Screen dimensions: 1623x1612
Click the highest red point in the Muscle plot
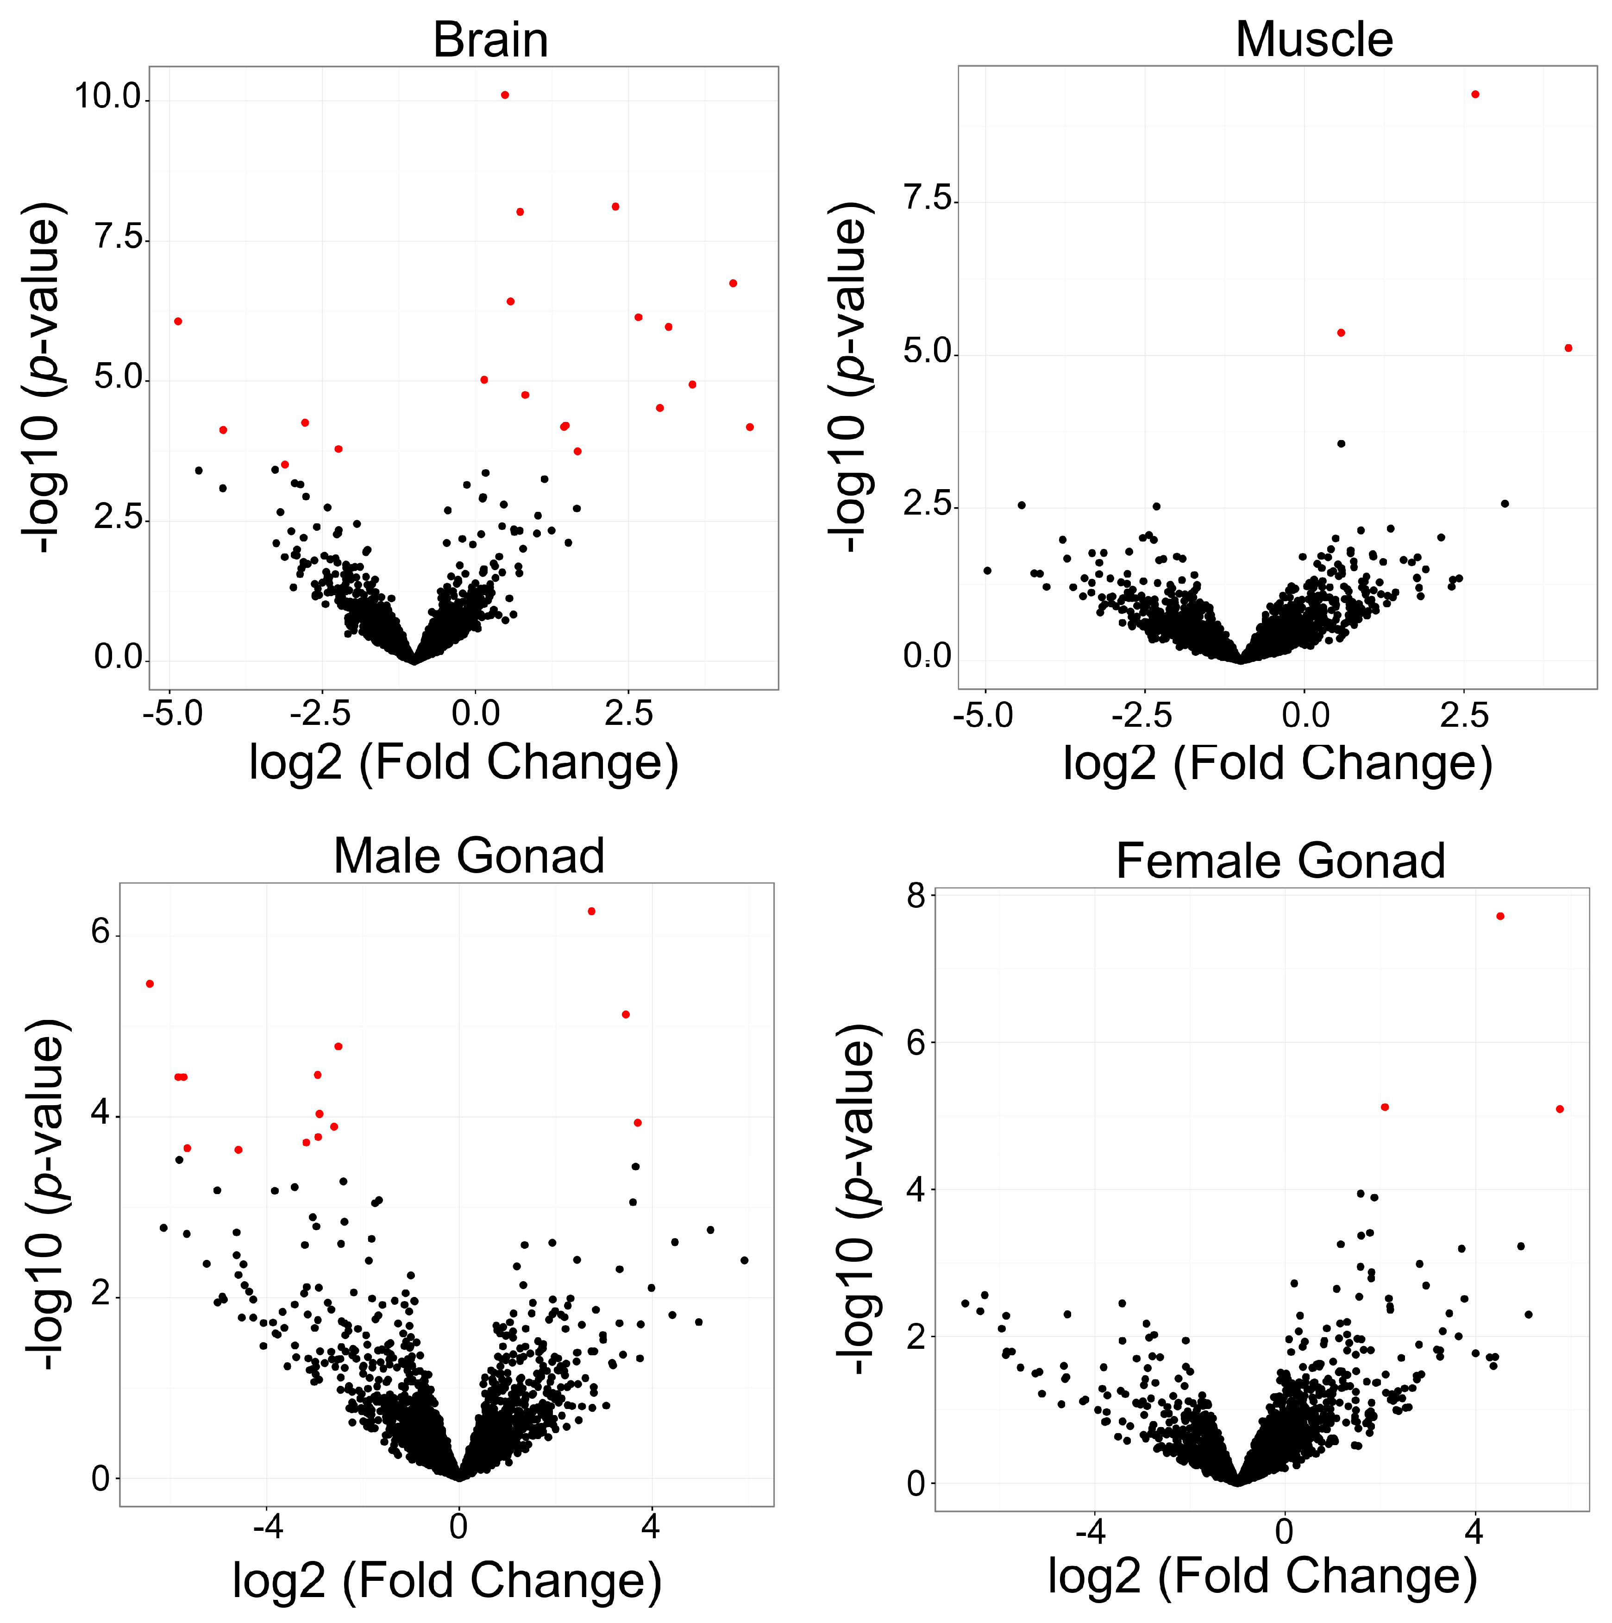point(1475,94)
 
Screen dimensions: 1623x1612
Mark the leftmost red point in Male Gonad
point(150,984)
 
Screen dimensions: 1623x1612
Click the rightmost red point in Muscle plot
point(1568,348)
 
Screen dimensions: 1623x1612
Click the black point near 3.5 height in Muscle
point(1341,444)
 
